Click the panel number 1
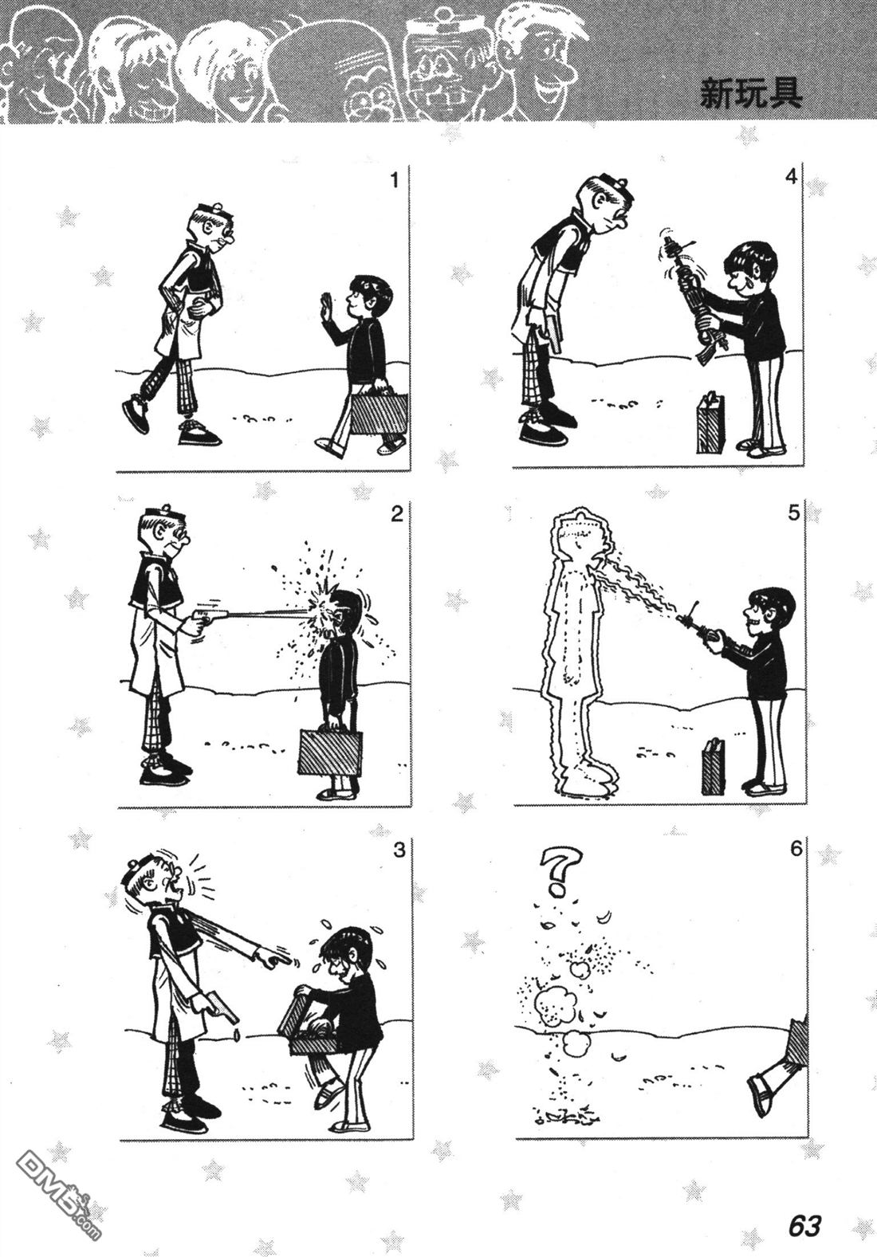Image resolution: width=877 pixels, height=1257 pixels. point(395,181)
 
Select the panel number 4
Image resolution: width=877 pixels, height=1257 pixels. point(791,176)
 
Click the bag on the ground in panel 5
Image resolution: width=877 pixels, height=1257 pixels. point(714,766)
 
